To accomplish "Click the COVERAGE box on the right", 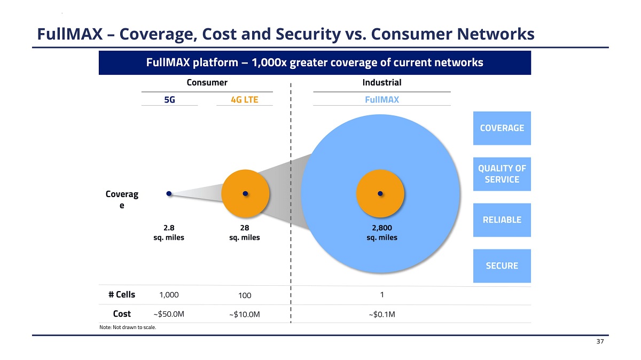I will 502,128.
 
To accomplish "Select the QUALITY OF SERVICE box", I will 502,174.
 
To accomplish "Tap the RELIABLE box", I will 502,220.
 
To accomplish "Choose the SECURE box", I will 502,266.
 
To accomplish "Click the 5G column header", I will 169,100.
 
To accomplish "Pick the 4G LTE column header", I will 245,100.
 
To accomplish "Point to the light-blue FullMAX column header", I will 382,100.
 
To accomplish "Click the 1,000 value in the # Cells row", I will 169,295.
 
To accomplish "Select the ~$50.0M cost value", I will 169,314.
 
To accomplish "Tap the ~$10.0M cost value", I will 245,315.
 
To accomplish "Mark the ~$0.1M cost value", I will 382,314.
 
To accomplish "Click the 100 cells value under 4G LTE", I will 245,295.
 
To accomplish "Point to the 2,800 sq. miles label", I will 382,233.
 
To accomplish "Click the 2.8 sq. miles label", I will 169,233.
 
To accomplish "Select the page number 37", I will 600,342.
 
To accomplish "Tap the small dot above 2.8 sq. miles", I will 169,194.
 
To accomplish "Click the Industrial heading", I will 382,83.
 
